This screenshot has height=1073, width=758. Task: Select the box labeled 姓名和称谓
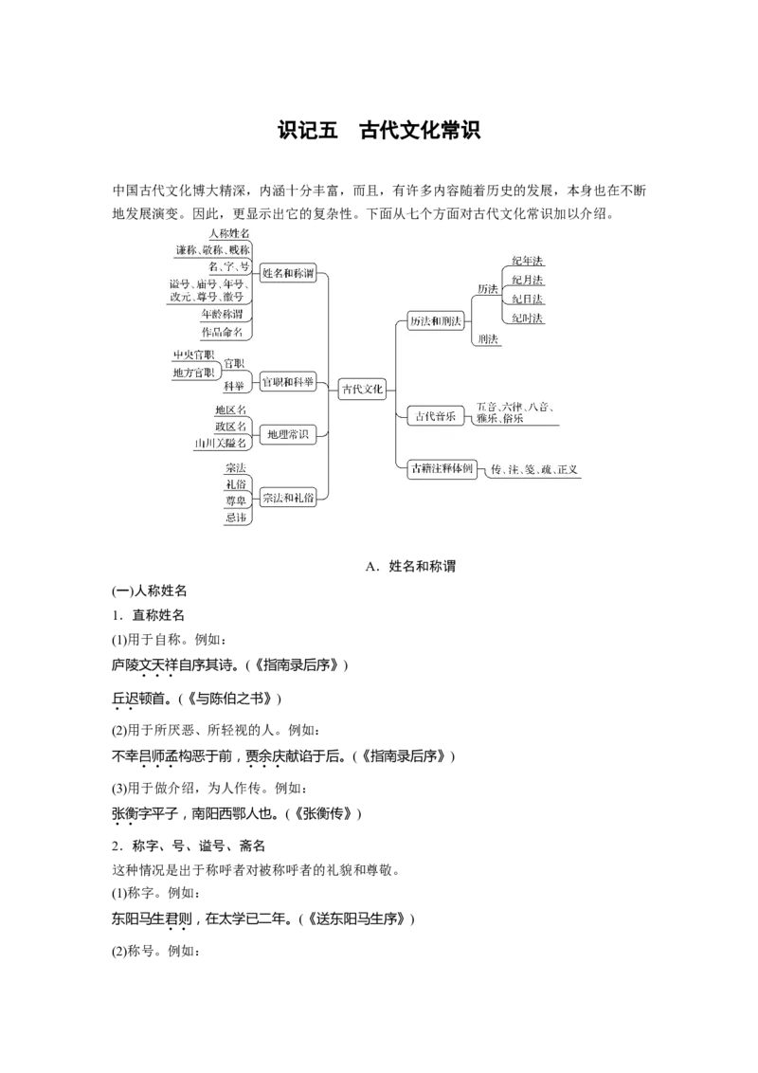288,273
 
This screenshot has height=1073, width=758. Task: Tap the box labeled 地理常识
288,434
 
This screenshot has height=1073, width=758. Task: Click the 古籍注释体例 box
441,468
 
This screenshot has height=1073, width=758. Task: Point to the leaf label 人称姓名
229,233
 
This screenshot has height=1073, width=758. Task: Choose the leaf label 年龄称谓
222,314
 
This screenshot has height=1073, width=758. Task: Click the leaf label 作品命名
222,332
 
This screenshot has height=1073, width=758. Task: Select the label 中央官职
193,355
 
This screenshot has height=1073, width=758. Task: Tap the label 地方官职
193,373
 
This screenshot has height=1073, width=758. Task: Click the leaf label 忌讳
235,518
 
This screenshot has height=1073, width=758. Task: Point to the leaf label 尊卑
235,501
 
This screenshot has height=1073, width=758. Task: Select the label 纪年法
528,262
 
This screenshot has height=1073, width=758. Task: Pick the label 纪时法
528,318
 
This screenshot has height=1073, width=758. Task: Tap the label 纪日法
528,300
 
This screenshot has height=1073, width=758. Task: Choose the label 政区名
230,427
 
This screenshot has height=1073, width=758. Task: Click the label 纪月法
528,281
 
